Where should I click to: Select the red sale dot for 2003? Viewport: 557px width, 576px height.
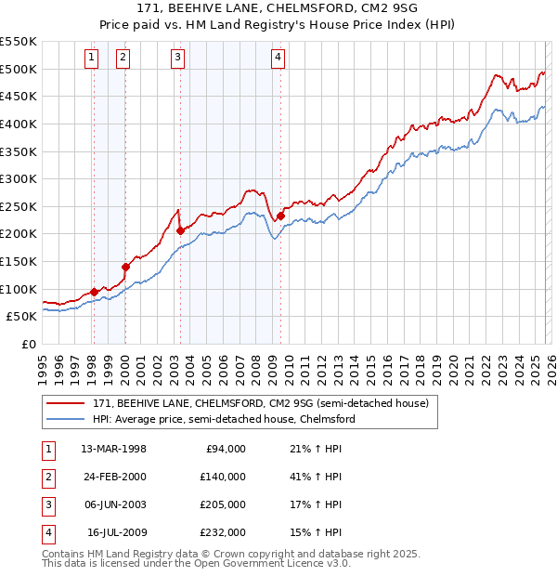tap(179, 230)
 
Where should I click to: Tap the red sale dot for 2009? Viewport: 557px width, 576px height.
tap(279, 216)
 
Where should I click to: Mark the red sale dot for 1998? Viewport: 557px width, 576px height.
tap(94, 292)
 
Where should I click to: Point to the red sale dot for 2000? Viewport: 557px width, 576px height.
tap(125, 267)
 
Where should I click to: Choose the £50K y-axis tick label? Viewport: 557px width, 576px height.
tap(22, 316)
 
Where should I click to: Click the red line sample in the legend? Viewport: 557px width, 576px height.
tap(66, 403)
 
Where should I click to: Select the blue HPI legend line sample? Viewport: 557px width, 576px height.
tap(66, 419)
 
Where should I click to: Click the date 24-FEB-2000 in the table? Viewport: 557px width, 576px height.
tap(113, 477)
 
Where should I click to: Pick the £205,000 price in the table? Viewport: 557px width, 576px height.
tap(223, 504)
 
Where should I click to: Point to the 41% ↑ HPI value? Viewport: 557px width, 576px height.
tap(316, 477)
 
